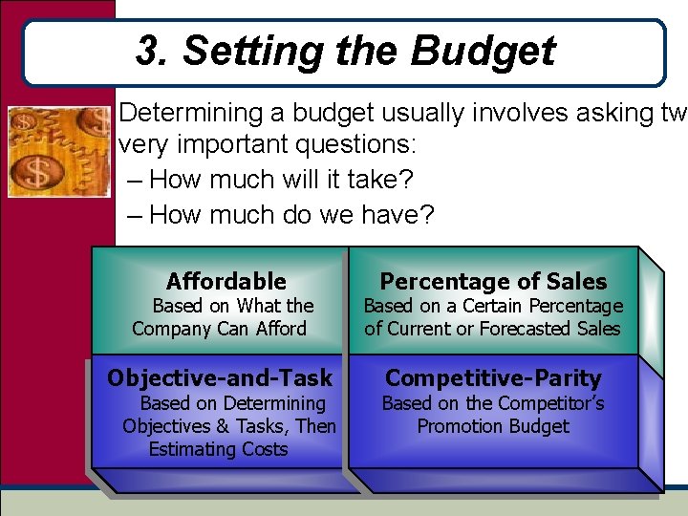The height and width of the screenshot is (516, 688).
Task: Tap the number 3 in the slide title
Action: (148, 52)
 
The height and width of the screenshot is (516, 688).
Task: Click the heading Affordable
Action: (226, 281)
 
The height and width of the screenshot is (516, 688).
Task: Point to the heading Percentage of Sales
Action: (493, 281)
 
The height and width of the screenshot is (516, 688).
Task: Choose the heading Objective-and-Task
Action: (220, 377)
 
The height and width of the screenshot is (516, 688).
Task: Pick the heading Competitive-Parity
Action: (493, 377)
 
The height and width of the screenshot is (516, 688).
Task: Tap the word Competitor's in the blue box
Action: (549, 403)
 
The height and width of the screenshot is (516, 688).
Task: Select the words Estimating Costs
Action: (219, 449)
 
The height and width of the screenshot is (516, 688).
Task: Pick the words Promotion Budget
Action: (493, 426)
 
